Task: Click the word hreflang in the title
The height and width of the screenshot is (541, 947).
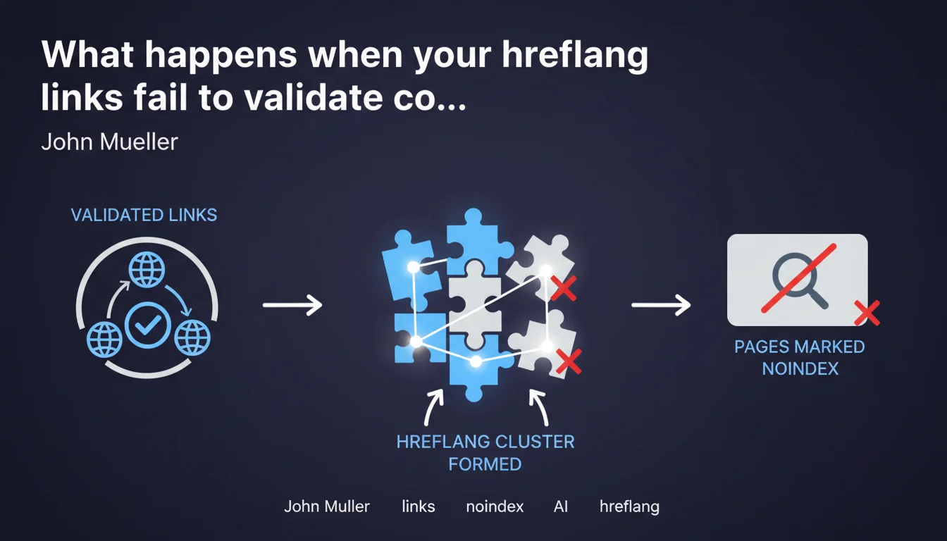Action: click(x=574, y=55)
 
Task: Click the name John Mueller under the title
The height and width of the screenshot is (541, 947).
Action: click(x=109, y=142)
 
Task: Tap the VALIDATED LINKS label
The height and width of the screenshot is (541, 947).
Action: click(x=144, y=215)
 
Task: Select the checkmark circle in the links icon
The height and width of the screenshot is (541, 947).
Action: click(x=147, y=325)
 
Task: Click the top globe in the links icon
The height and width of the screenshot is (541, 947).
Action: click(x=147, y=269)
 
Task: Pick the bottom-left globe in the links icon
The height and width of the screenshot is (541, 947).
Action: click(x=104, y=339)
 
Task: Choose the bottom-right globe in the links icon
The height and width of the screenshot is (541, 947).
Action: click(x=192, y=337)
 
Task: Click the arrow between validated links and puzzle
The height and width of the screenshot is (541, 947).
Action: click(x=292, y=305)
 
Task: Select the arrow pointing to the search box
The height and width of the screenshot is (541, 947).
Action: click(x=661, y=305)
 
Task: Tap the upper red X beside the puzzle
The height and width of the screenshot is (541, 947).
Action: click(x=564, y=288)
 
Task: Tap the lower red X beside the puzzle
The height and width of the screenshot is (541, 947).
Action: click(x=569, y=361)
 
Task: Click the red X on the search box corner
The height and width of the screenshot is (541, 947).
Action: click(x=867, y=313)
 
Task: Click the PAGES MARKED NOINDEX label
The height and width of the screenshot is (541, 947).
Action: click(x=800, y=358)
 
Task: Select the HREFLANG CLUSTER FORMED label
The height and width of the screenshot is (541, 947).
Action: click(x=485, y=453)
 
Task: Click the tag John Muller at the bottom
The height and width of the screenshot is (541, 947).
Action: click(x=327, y=506)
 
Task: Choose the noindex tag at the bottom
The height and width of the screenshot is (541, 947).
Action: click(x=495, y=506)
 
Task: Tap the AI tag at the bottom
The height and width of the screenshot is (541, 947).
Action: click(x=561, y=506)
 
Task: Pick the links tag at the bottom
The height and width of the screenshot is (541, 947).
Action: click(x=418, y=506)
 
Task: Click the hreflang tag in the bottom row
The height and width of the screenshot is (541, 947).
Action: click(x=629, y=506)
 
